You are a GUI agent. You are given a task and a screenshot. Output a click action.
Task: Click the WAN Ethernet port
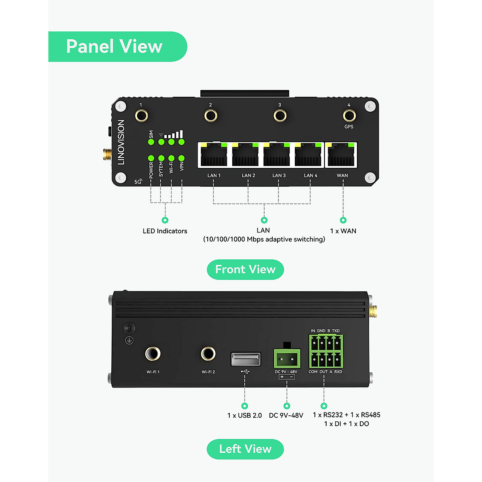pyautogui.click(x=341, y=155)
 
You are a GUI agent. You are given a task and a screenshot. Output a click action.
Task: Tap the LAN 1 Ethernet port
pyautogui.click(x=213, y=155)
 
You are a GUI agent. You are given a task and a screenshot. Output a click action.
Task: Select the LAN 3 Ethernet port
pyautogui.click(x=277, y=155)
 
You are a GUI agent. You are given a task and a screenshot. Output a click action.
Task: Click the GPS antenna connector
pyautogui.click(x=349, y=116)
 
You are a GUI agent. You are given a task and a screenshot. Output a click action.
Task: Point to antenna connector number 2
pyautogui.click(x=210, y=116)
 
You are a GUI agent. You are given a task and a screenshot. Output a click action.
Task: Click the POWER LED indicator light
pyautogui.click(x=151, y=158)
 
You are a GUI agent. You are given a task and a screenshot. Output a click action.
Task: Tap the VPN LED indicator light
pyautogui.click(x=182, y=158)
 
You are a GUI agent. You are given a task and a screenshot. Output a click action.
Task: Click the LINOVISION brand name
pyautogui.click(x=121, y=142)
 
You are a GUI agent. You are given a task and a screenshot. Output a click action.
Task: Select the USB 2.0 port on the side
pyautogui.click(x=246, y=359)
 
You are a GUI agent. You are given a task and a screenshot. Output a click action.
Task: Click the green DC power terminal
pyautogui.click(x=287, y=358)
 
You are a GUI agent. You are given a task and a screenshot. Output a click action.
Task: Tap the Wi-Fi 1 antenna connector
pyautogui.click(x=153, y=354)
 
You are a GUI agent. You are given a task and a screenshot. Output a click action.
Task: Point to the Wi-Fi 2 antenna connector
pyautogui.click(x=208, y=354)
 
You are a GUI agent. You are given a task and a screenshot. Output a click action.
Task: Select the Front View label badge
pyautogui.click(x=245, y=270)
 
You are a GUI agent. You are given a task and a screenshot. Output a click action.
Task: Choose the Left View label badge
pyautogui.click(x=245, y=449)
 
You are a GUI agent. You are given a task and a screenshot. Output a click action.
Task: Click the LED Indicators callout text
pyautogui.click(x=165, y=231)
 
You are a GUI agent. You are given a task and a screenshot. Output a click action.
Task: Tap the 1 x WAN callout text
pyautogui.click(x=343, y=231)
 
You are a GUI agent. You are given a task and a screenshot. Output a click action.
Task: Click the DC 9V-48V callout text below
pyautogui.click(x=286, y=415)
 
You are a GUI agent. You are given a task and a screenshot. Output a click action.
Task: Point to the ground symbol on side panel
pyautogui.click(x=129, y=341)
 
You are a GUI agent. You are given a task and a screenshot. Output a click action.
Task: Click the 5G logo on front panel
pyautogui.click(x=138, y=182)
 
